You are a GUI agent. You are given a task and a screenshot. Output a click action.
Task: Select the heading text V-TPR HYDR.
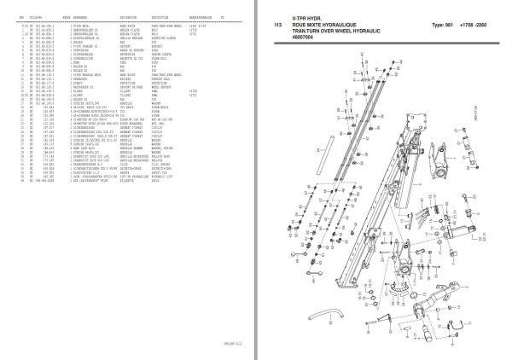coord(310,16)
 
